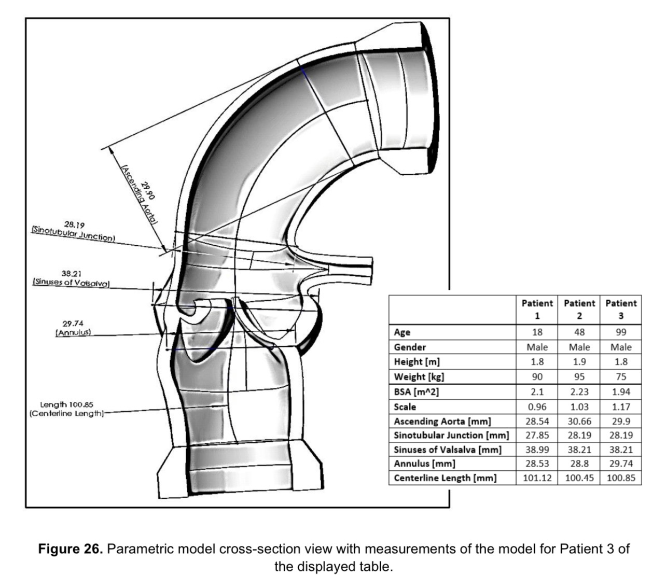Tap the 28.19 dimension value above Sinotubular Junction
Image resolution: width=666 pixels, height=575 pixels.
74,225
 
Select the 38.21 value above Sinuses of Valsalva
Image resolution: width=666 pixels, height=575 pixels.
72,273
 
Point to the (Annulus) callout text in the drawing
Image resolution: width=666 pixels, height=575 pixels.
73,332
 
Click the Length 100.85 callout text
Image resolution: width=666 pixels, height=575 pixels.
67,404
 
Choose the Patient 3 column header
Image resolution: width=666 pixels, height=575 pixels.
621,309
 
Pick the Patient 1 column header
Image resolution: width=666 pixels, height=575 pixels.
537,309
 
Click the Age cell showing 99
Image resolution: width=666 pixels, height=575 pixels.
621,332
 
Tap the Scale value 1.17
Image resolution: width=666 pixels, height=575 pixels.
621,407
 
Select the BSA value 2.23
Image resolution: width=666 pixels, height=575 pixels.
579,392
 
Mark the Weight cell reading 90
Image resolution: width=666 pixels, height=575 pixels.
537,377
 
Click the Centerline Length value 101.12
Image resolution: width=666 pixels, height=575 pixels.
537,478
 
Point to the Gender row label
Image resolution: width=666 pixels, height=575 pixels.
410,347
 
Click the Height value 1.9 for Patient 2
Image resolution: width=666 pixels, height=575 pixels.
579,362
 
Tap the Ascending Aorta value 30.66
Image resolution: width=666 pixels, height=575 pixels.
579,422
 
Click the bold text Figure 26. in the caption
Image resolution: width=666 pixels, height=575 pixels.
70,549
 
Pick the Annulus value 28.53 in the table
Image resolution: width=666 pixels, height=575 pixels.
537,464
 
